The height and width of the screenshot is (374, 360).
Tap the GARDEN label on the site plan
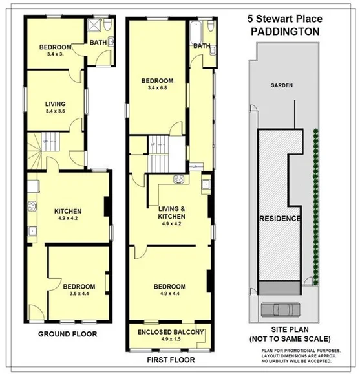click(x=281, y=85)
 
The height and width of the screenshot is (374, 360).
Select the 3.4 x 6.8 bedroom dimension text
click(x=161, y=89)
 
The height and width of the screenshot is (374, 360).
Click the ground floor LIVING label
click(x=56, y=104)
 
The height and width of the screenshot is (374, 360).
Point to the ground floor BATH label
click(x=98, y=43)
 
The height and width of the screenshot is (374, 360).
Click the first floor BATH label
click(x=202, y=46)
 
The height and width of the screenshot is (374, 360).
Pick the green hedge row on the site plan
click(x=315, y=207)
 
